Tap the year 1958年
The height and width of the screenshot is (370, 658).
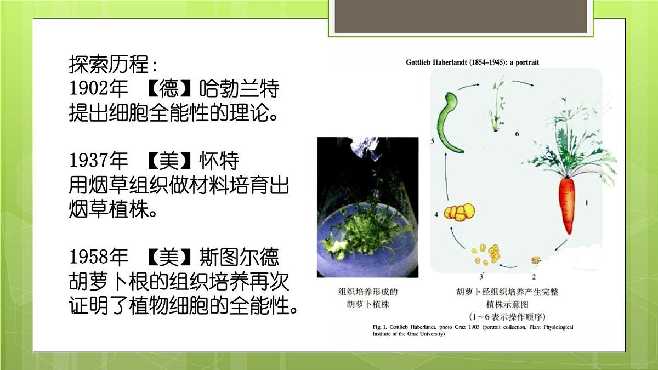(98, 257)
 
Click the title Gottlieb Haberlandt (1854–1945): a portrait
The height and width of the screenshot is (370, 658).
(472, 62)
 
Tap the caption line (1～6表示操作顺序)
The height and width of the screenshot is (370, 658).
(507, 317)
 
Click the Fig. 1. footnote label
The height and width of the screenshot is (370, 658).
(380, 327)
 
